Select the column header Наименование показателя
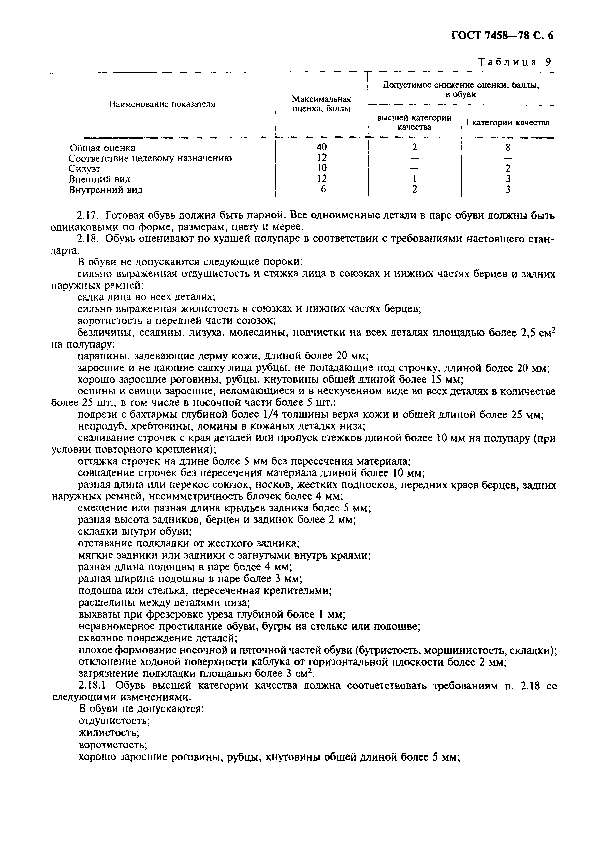tap(162, 104)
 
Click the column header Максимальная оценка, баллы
tap(321, 104)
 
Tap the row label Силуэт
tap(84, 169)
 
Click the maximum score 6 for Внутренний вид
tap(323, 190)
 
